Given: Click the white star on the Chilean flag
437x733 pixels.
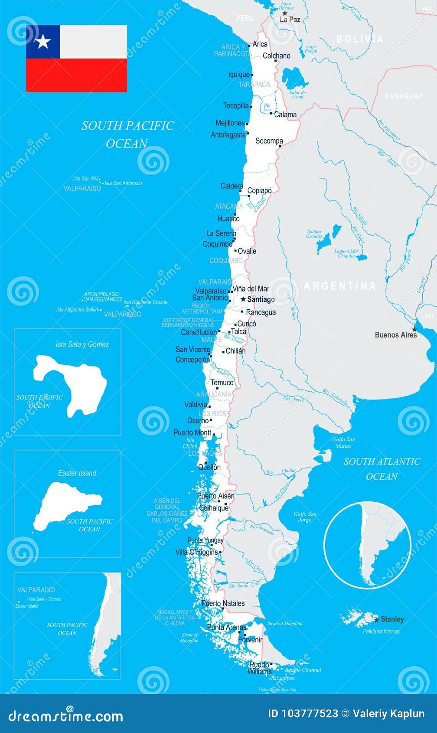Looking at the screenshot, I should click(43, 42).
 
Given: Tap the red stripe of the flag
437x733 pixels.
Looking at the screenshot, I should click(77, 75).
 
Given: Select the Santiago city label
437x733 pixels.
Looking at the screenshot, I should click(261, 299).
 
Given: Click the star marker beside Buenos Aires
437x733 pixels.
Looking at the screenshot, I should click(414, 329).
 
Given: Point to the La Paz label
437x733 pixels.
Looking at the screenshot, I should click(290, 20).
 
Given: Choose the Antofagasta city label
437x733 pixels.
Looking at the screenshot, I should click(228, 135).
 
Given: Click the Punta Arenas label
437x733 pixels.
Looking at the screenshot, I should click(226, 627).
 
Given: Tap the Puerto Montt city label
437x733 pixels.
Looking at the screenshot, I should click(192, 432).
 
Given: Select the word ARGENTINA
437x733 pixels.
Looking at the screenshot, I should click(340, 286).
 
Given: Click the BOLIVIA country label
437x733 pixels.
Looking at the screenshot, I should click(360, 39).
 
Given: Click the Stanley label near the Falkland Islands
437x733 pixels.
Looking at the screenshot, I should click(392, 619).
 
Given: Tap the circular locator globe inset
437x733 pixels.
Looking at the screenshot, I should click(367, 545).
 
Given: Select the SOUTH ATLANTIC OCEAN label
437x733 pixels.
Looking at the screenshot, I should click(382, 469).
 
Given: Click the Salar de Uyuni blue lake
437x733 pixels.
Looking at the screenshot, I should click(295, 79).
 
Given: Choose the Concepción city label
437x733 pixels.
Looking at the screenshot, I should click(192, 360).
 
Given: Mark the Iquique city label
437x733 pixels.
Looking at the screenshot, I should click(239, 75).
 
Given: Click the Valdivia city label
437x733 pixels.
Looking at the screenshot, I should click(196, 405).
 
